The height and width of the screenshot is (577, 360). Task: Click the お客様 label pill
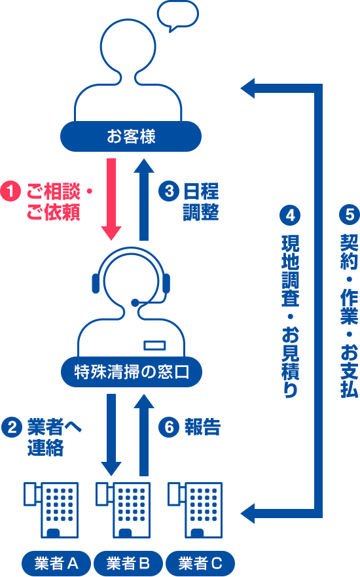click(x=131, y=136)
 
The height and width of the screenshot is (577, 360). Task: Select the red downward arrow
click(x=111, y=199)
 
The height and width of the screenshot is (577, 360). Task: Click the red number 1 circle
click(x=10, y=191)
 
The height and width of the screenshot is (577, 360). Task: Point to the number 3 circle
click(x=169, y=191)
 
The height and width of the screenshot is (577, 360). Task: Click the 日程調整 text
click(x=201, y=201)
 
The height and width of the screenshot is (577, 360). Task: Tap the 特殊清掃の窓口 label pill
click(x=132, y=372)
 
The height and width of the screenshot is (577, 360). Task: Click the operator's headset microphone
click(x=135, y=302)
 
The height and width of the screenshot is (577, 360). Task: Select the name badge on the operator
click(x=154, y=345)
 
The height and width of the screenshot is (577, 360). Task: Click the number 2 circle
click(x=12, y=427)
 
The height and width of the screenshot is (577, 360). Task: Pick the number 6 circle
click(x=169, y=427)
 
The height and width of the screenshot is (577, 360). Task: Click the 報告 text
click(x=202, y=427)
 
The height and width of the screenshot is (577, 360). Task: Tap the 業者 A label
click(x=56, y=563)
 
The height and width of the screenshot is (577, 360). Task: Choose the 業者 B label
click(x=128, y=563)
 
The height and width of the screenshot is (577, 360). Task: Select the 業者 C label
click(x=200, y=563)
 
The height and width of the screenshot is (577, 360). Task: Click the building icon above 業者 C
click(x=195, y=510)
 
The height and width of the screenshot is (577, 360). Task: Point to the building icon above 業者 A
click(x=51, y=510)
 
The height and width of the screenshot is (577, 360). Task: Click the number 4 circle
click(x=290, y=215)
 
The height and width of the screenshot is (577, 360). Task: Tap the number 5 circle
click(x=349, y=215)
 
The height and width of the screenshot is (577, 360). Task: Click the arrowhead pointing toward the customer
click(x=247, y=88)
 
